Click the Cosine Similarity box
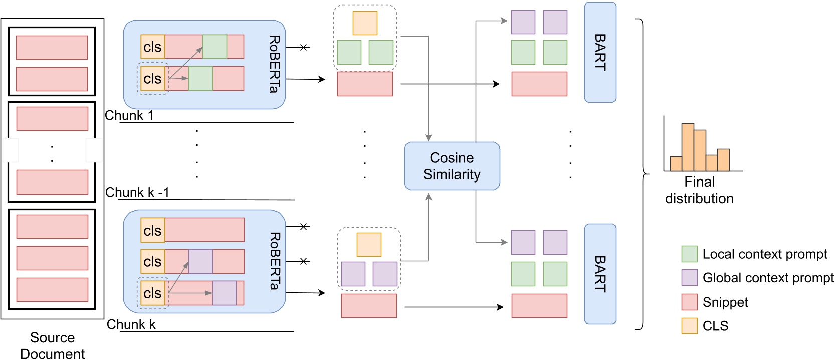pyautogui.click(x=452, y=166)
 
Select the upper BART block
pyautogui.click(x=600, y=53)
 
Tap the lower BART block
pyautogui.click(x=600, y=274)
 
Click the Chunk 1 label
pyautogui.click(x=129, y=116)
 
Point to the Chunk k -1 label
pyautogui.click(x=137, y=193)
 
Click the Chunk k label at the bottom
pyautogui.click(x=131, y=325)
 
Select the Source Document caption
pyautogui.click(x=52, y=345)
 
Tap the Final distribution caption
pyautogui.click(x=699, y=190)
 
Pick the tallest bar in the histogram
pyautogui.click(x=688, y=147)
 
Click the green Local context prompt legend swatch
pyautogui.click(x=690, y=254)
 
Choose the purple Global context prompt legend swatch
pyautogui.click(x=690, y=278)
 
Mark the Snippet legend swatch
pyautogui.click(x=690, y=302)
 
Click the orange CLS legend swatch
pyautogui.click(x=690, y=326)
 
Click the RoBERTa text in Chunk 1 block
pyautogui.click(x=274, y=64)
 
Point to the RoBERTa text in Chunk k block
pyautogui.click(x=274, y=261)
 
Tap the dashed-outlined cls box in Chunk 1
pyautogui.click(x=153, y=79)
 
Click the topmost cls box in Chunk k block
pyautogui.click(x=153, y=231)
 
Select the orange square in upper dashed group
pyautogui.click(x=365, y=23)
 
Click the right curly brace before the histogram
pyautogui.click(x=642, y=174)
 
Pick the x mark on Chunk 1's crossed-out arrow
pyautogui.click(x=303, y=47)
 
